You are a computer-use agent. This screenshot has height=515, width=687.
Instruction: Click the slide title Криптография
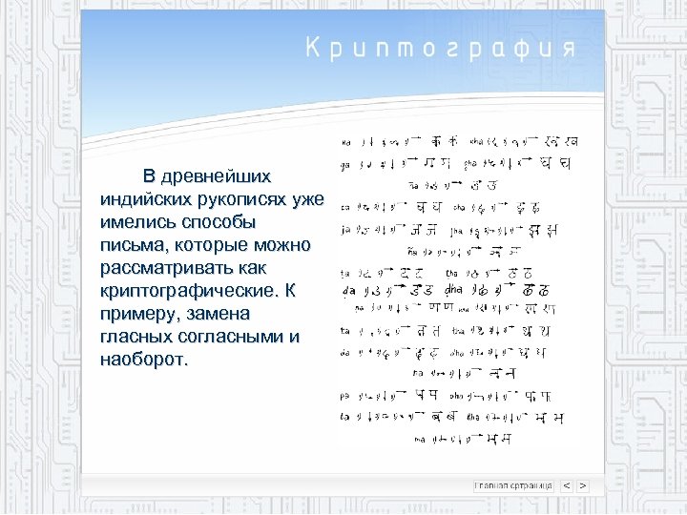[440, 50]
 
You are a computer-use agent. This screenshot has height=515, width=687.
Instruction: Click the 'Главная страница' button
[513, 485]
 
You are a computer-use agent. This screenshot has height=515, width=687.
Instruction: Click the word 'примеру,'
[138, 315]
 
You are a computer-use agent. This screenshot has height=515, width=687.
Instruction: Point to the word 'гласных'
[134, 338]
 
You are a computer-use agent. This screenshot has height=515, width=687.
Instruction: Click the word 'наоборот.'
[145, 360]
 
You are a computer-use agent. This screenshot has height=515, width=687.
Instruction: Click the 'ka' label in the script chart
[345, 143]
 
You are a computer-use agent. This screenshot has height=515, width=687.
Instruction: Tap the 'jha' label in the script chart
[459, 230]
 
